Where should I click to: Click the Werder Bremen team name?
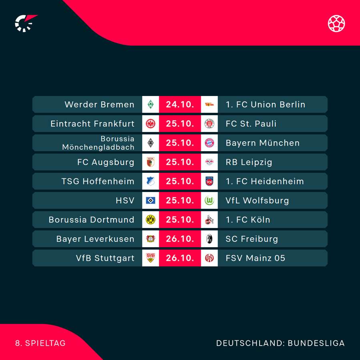pos(99,104)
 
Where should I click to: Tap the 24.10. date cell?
pos(180,104)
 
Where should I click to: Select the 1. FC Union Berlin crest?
pos(209,104)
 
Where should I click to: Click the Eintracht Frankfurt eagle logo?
pos(150,124)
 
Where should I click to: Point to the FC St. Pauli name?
pos(251,124)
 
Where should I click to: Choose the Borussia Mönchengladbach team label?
pos(98,143)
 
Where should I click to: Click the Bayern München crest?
pos(209,143)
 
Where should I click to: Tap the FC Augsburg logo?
pos(150,162)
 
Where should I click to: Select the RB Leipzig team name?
pos(249,162)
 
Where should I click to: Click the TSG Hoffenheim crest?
pos(150,181)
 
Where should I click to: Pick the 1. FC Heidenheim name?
pos(264,181)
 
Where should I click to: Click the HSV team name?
pos(125,200)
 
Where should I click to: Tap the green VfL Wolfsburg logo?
pos(209,200)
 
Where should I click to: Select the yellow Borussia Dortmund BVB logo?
pos(150,220)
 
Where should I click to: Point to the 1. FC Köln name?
pos(248,220)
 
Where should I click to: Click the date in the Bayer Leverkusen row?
pos(180,239)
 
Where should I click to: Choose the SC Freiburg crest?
pos(209,239)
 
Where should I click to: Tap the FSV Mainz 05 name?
pos(255,258)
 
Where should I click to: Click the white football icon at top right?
pos(336,23)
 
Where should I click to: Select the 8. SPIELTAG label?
pos(40,343)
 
